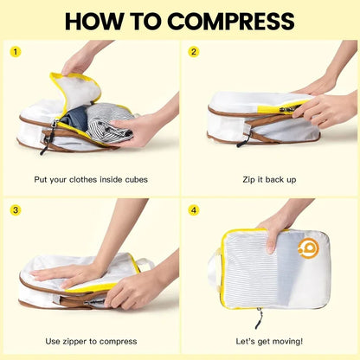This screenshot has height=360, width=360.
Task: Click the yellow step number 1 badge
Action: (15, 51)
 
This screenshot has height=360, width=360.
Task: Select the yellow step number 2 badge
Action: (195, 51)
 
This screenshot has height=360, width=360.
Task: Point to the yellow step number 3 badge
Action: (15, 209)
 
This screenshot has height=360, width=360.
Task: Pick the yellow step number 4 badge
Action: (195, 209)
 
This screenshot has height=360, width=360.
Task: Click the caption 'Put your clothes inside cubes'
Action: (90, 179)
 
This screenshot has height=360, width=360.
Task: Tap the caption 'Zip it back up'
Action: (269, 179)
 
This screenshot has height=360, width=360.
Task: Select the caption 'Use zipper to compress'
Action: (90, 341)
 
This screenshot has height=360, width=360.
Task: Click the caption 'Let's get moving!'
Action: (269, 341)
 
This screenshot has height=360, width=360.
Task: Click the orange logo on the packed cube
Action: (308, 248)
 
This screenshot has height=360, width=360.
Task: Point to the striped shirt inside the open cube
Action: (111, 122)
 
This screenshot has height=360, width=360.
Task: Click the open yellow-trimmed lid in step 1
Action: (75, 91)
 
